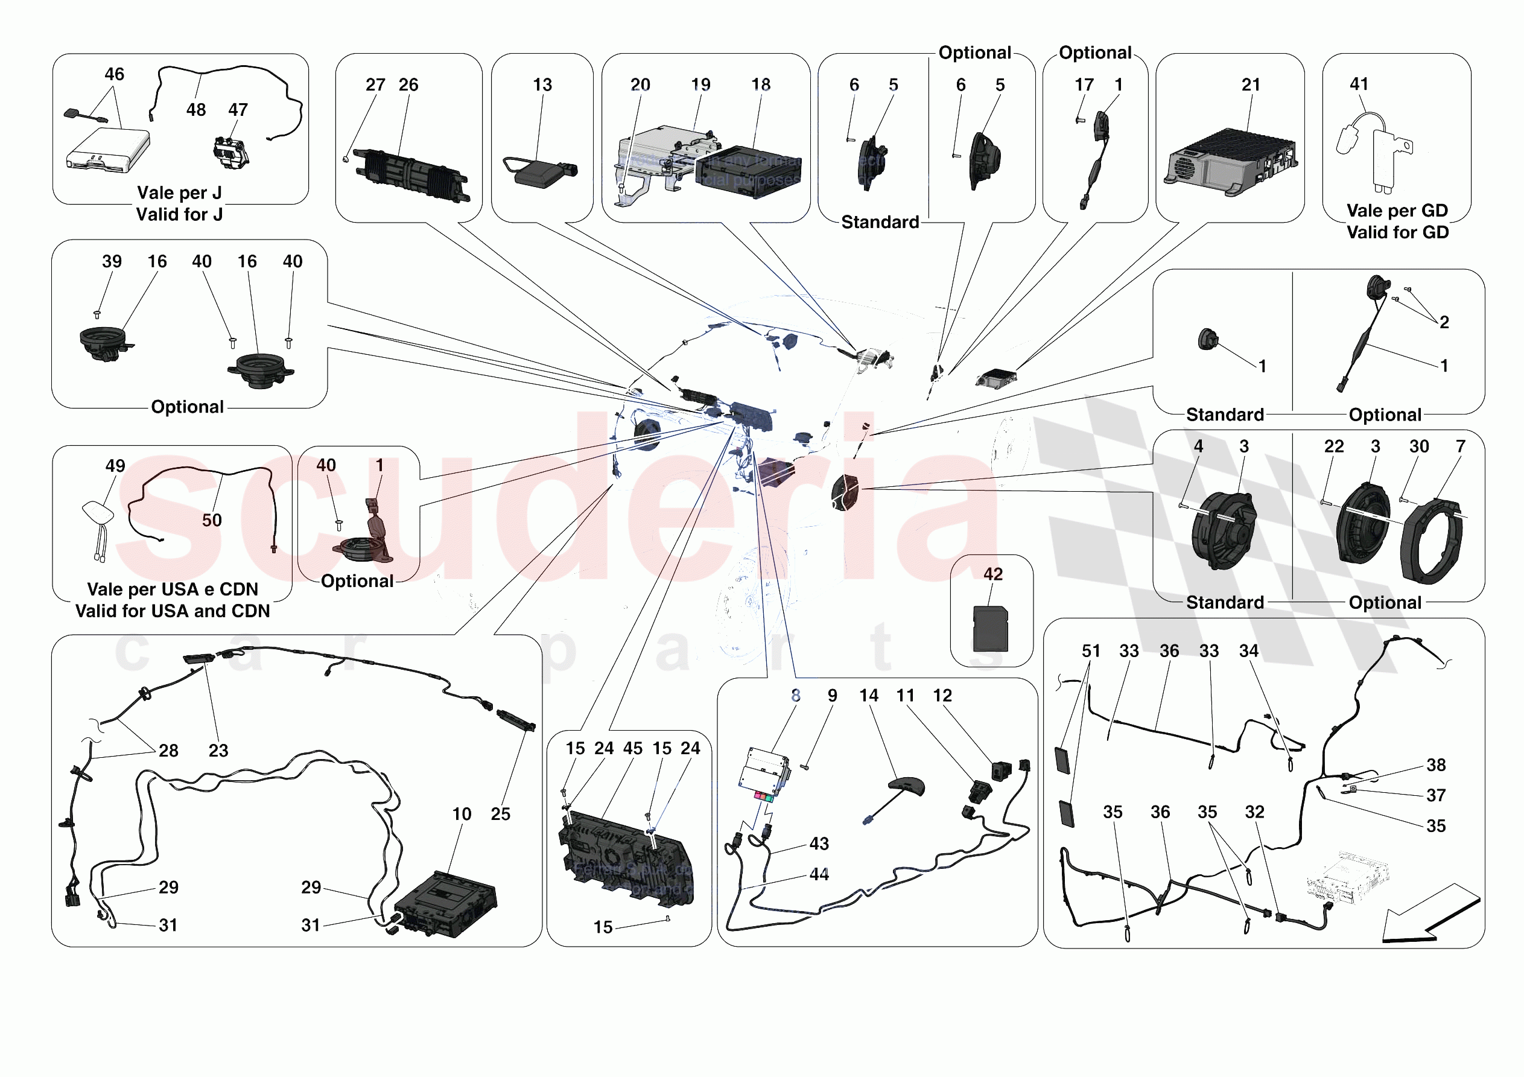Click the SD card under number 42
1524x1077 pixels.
(x=990, y=628)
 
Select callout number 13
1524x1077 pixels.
(x=542, y=85)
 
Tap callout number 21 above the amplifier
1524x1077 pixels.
(x=1251, y=85)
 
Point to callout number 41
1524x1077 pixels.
(x=1359, y=84)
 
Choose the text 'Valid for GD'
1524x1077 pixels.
(x=1397, y=232)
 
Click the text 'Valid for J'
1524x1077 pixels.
(x=179, y=214)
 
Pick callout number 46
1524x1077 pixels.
(x=114, y=74)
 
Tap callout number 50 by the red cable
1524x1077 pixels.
(x=212, y=520)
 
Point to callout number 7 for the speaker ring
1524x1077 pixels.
(x=1460, y=447)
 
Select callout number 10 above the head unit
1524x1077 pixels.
(x=462, y=814)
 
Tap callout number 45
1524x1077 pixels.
(x=632, y=748)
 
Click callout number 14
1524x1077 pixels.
(x=868, y=695)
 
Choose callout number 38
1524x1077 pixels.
(x=1436, y=765)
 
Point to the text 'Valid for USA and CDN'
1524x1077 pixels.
(x=173, y=611)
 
